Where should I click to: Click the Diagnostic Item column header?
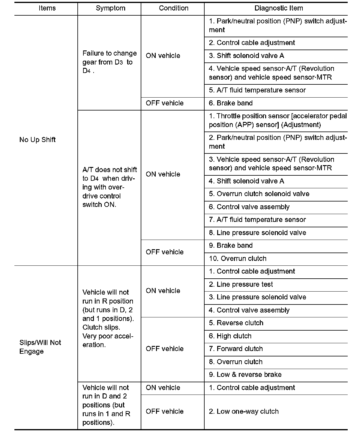[x=278, y=8]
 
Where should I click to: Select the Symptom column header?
[x=110, y=8]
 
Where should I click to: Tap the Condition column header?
[x=173, y=8]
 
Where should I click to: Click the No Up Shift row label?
[x=37, y=140]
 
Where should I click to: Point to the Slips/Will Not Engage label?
[x=40, y=347]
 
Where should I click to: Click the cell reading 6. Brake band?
[x=231, y=103]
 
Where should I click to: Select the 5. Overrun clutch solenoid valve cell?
[x=259, y=194]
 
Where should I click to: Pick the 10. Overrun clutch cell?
[x=238, y=259]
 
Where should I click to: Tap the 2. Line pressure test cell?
[x=241, y=284]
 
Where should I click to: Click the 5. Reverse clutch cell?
[x=236, y=323]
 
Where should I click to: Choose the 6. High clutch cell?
[x=230, y=336]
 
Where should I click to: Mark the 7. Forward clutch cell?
[x=236, y=349]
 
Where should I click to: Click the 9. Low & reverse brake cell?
[x=245, y=375]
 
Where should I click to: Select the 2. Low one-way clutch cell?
[x=244, y=411]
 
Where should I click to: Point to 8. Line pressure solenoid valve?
[x=257, y=233]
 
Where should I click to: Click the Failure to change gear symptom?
[x=109, y=62]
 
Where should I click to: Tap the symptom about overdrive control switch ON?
[x=109, y=187]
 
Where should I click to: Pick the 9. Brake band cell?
[x=231, y=246]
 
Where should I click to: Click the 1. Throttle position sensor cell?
[x=277, y=120]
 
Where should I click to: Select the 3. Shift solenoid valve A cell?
[x=246, y=56]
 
